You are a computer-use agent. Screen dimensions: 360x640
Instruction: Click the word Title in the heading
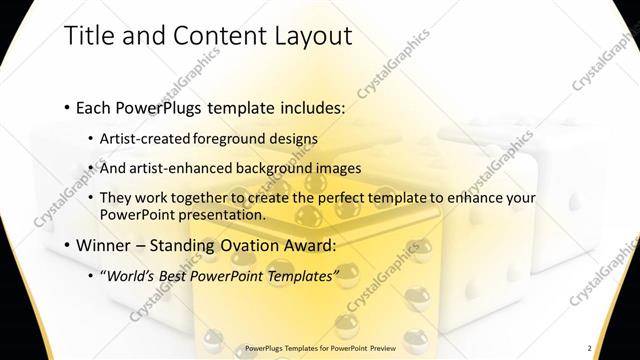tap(88, 36)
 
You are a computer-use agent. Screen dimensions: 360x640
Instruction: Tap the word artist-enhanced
tap(175, 168)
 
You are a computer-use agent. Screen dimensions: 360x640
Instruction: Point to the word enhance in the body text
tap(475, 198)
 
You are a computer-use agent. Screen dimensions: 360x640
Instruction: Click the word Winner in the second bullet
tap(100, 244)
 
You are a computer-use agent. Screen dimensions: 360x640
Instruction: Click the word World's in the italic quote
tap(132, 274)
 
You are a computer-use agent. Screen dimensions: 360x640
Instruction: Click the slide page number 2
tap(589, 348)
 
